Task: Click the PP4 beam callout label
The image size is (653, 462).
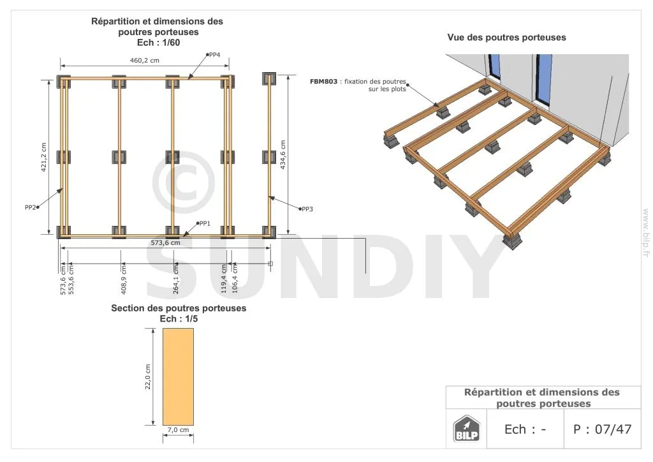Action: click(214, 55)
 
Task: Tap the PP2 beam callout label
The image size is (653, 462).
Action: click(31, 207)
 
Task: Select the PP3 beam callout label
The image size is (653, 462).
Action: click(307, 209)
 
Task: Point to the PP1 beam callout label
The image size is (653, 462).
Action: click(205, 224)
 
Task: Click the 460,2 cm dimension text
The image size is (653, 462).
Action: click(145, 61)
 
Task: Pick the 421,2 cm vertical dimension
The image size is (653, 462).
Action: click(44, 158)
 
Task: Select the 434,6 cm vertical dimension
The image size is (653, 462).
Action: click(282, 154)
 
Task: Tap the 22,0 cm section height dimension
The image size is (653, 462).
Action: click(148, 377)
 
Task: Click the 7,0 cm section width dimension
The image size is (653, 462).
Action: click(179, 430)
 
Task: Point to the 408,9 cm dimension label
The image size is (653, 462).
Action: click(124, 279)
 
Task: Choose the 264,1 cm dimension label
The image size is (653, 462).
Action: click(176, 279)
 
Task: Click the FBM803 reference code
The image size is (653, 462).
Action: click(323, 82)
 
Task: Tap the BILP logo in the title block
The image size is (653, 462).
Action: click(466, 429)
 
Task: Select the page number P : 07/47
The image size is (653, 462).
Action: click(602, 429)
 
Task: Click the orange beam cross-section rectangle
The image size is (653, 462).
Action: click(178, 376)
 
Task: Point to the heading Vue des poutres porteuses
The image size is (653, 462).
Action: click(506, 38)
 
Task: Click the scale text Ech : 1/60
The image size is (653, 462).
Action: click(158, 43)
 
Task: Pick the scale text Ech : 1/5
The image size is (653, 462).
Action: click(179, 319)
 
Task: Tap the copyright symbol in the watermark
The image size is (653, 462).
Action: click(183, 182)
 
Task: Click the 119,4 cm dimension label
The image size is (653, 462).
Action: click(224, 279)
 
